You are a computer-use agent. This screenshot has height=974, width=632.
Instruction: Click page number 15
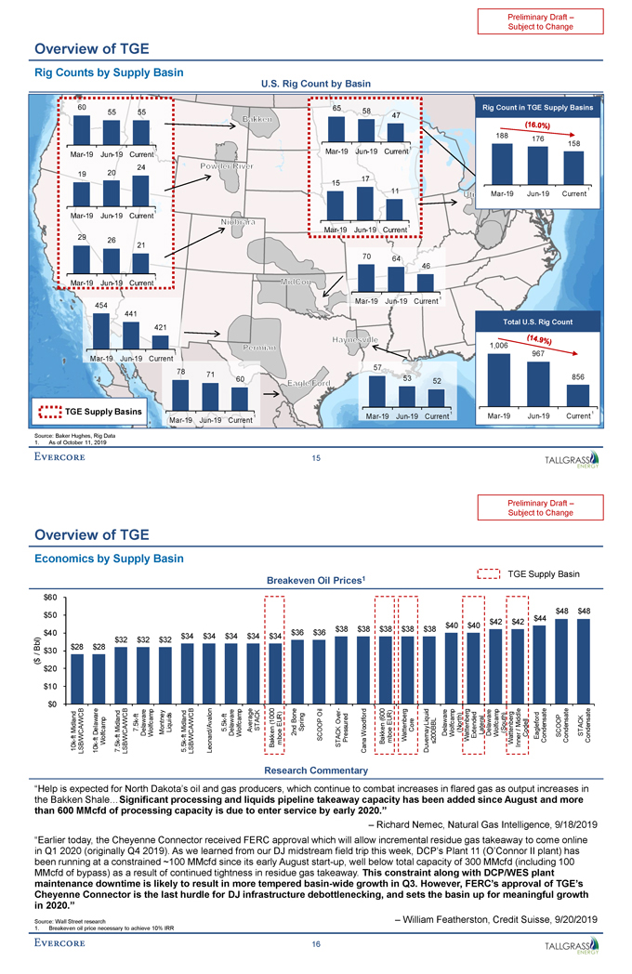pyautogui.click(x=316, y=456)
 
